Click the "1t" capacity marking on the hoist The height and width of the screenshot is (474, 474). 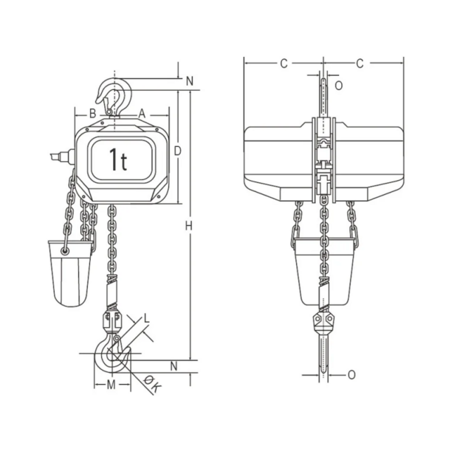pos(118,159)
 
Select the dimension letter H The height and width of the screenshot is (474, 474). pos(189,225)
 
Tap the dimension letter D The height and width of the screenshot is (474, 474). pos(177,151)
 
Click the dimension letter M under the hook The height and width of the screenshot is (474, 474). pos(111,384)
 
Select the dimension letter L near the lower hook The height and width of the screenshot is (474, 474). pos(146,318)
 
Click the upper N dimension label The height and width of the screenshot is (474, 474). pos(190,81)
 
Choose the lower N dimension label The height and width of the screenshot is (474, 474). pos(174,366)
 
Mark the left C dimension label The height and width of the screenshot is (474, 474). pos(283,63)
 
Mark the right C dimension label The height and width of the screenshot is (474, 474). pos(360,63)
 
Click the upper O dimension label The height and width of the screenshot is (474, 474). pos(339,85)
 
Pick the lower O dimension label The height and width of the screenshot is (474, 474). pos(351,375)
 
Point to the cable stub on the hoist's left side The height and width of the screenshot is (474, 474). pos(60,157)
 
